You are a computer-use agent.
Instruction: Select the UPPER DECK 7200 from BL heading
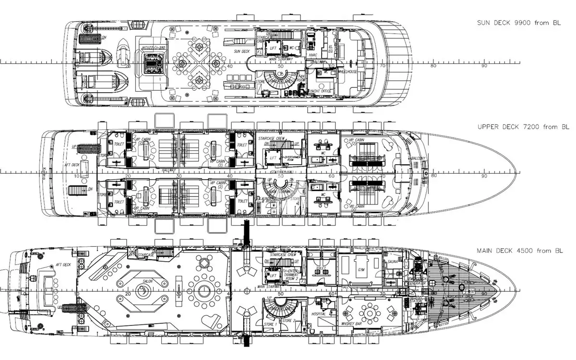pos(523,127)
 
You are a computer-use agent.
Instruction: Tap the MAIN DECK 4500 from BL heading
pos(523,251)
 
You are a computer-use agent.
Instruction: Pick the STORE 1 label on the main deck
pos(271,324)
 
